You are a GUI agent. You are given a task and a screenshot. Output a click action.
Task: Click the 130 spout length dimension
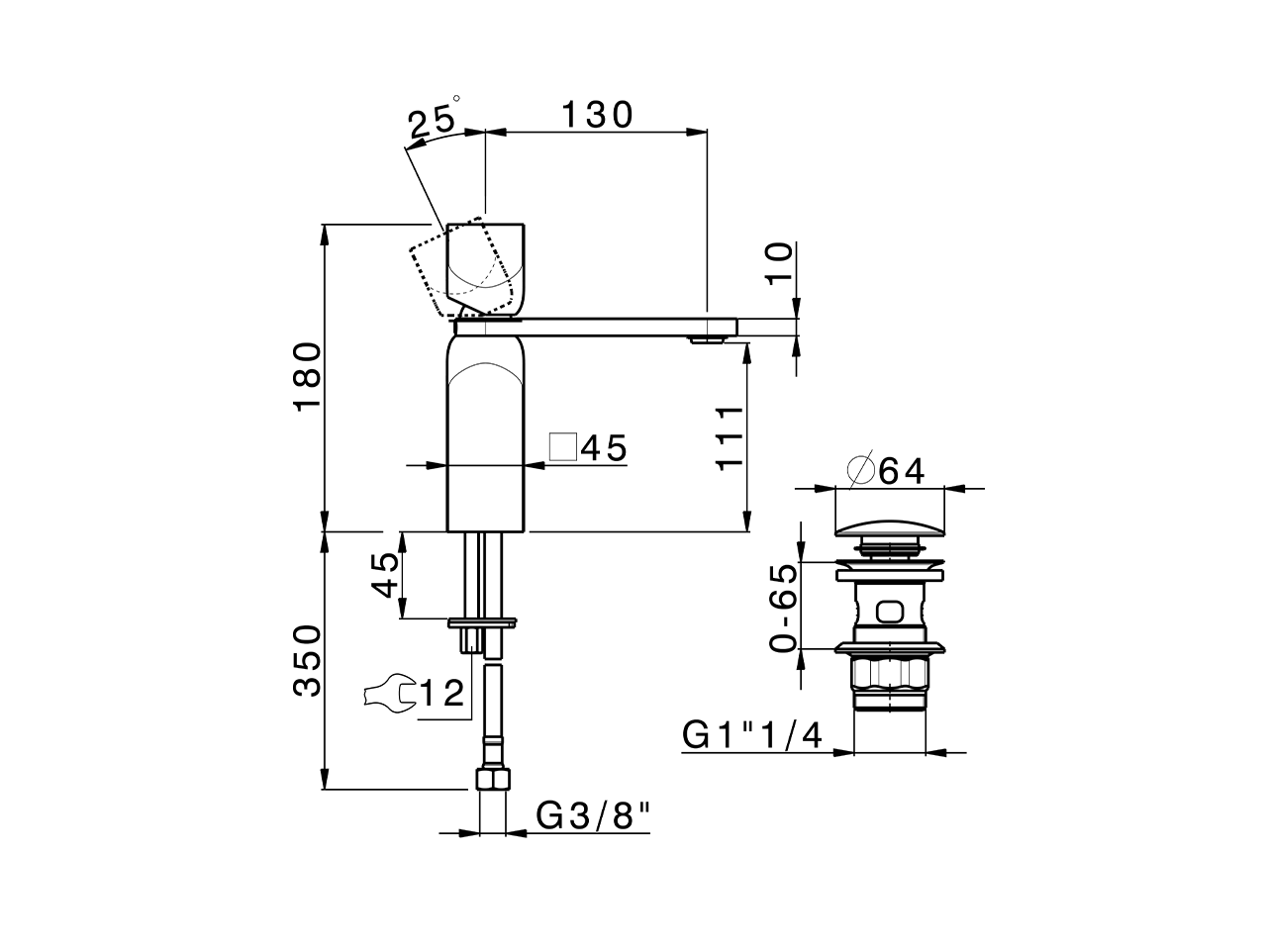click(597, 116)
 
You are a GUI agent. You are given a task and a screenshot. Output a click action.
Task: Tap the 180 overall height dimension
click(309, 377)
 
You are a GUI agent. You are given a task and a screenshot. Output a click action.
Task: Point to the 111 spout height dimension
click(731, 438)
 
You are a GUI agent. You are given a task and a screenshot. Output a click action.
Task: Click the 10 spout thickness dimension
click(780, 264)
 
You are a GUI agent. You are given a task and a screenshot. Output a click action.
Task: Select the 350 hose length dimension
click(309, 660)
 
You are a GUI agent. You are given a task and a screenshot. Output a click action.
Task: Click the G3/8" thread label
click(594, 816)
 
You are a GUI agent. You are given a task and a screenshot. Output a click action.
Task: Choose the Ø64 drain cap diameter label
click(887, 471)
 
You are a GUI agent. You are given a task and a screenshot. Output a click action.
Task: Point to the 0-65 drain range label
click(783, 608)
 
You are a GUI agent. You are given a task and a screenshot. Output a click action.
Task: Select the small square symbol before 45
click(563, 447)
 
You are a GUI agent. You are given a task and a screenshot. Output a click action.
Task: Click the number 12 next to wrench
click(441, 694)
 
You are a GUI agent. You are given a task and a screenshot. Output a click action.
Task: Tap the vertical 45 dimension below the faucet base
click(388, 574)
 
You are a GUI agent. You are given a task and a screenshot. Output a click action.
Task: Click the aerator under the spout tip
click(706, 340)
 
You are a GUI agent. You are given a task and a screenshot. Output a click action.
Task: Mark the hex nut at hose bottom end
click(492, 780)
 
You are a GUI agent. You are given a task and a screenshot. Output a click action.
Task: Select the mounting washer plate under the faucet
click(482, 622)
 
